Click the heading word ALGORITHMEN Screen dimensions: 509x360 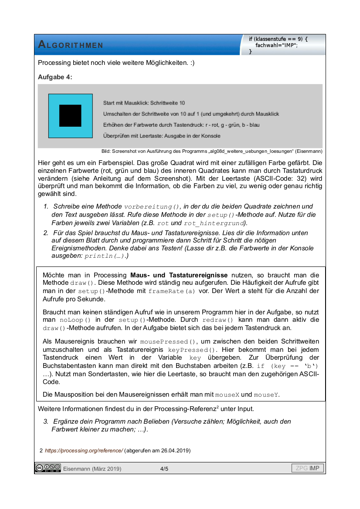click(x=71, y=44)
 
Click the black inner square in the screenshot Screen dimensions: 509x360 click(x=70, y=115)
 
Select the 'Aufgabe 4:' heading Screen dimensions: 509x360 click(x=55, y=77)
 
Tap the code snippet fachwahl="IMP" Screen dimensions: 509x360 click(x=276, y=45)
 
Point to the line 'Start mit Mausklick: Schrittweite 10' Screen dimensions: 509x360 click(x=144, y=103)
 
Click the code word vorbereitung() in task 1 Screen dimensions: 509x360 click(x=152, y=207)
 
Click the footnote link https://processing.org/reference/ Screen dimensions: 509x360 click(x=84, y=450)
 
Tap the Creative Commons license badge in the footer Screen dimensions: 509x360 click(x=48, y=469)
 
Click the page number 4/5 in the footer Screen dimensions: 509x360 click(x=164, y=469)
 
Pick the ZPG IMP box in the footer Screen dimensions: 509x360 click(x=308, y=469)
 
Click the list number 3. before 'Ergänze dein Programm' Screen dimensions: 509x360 click(x=45, y=421)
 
